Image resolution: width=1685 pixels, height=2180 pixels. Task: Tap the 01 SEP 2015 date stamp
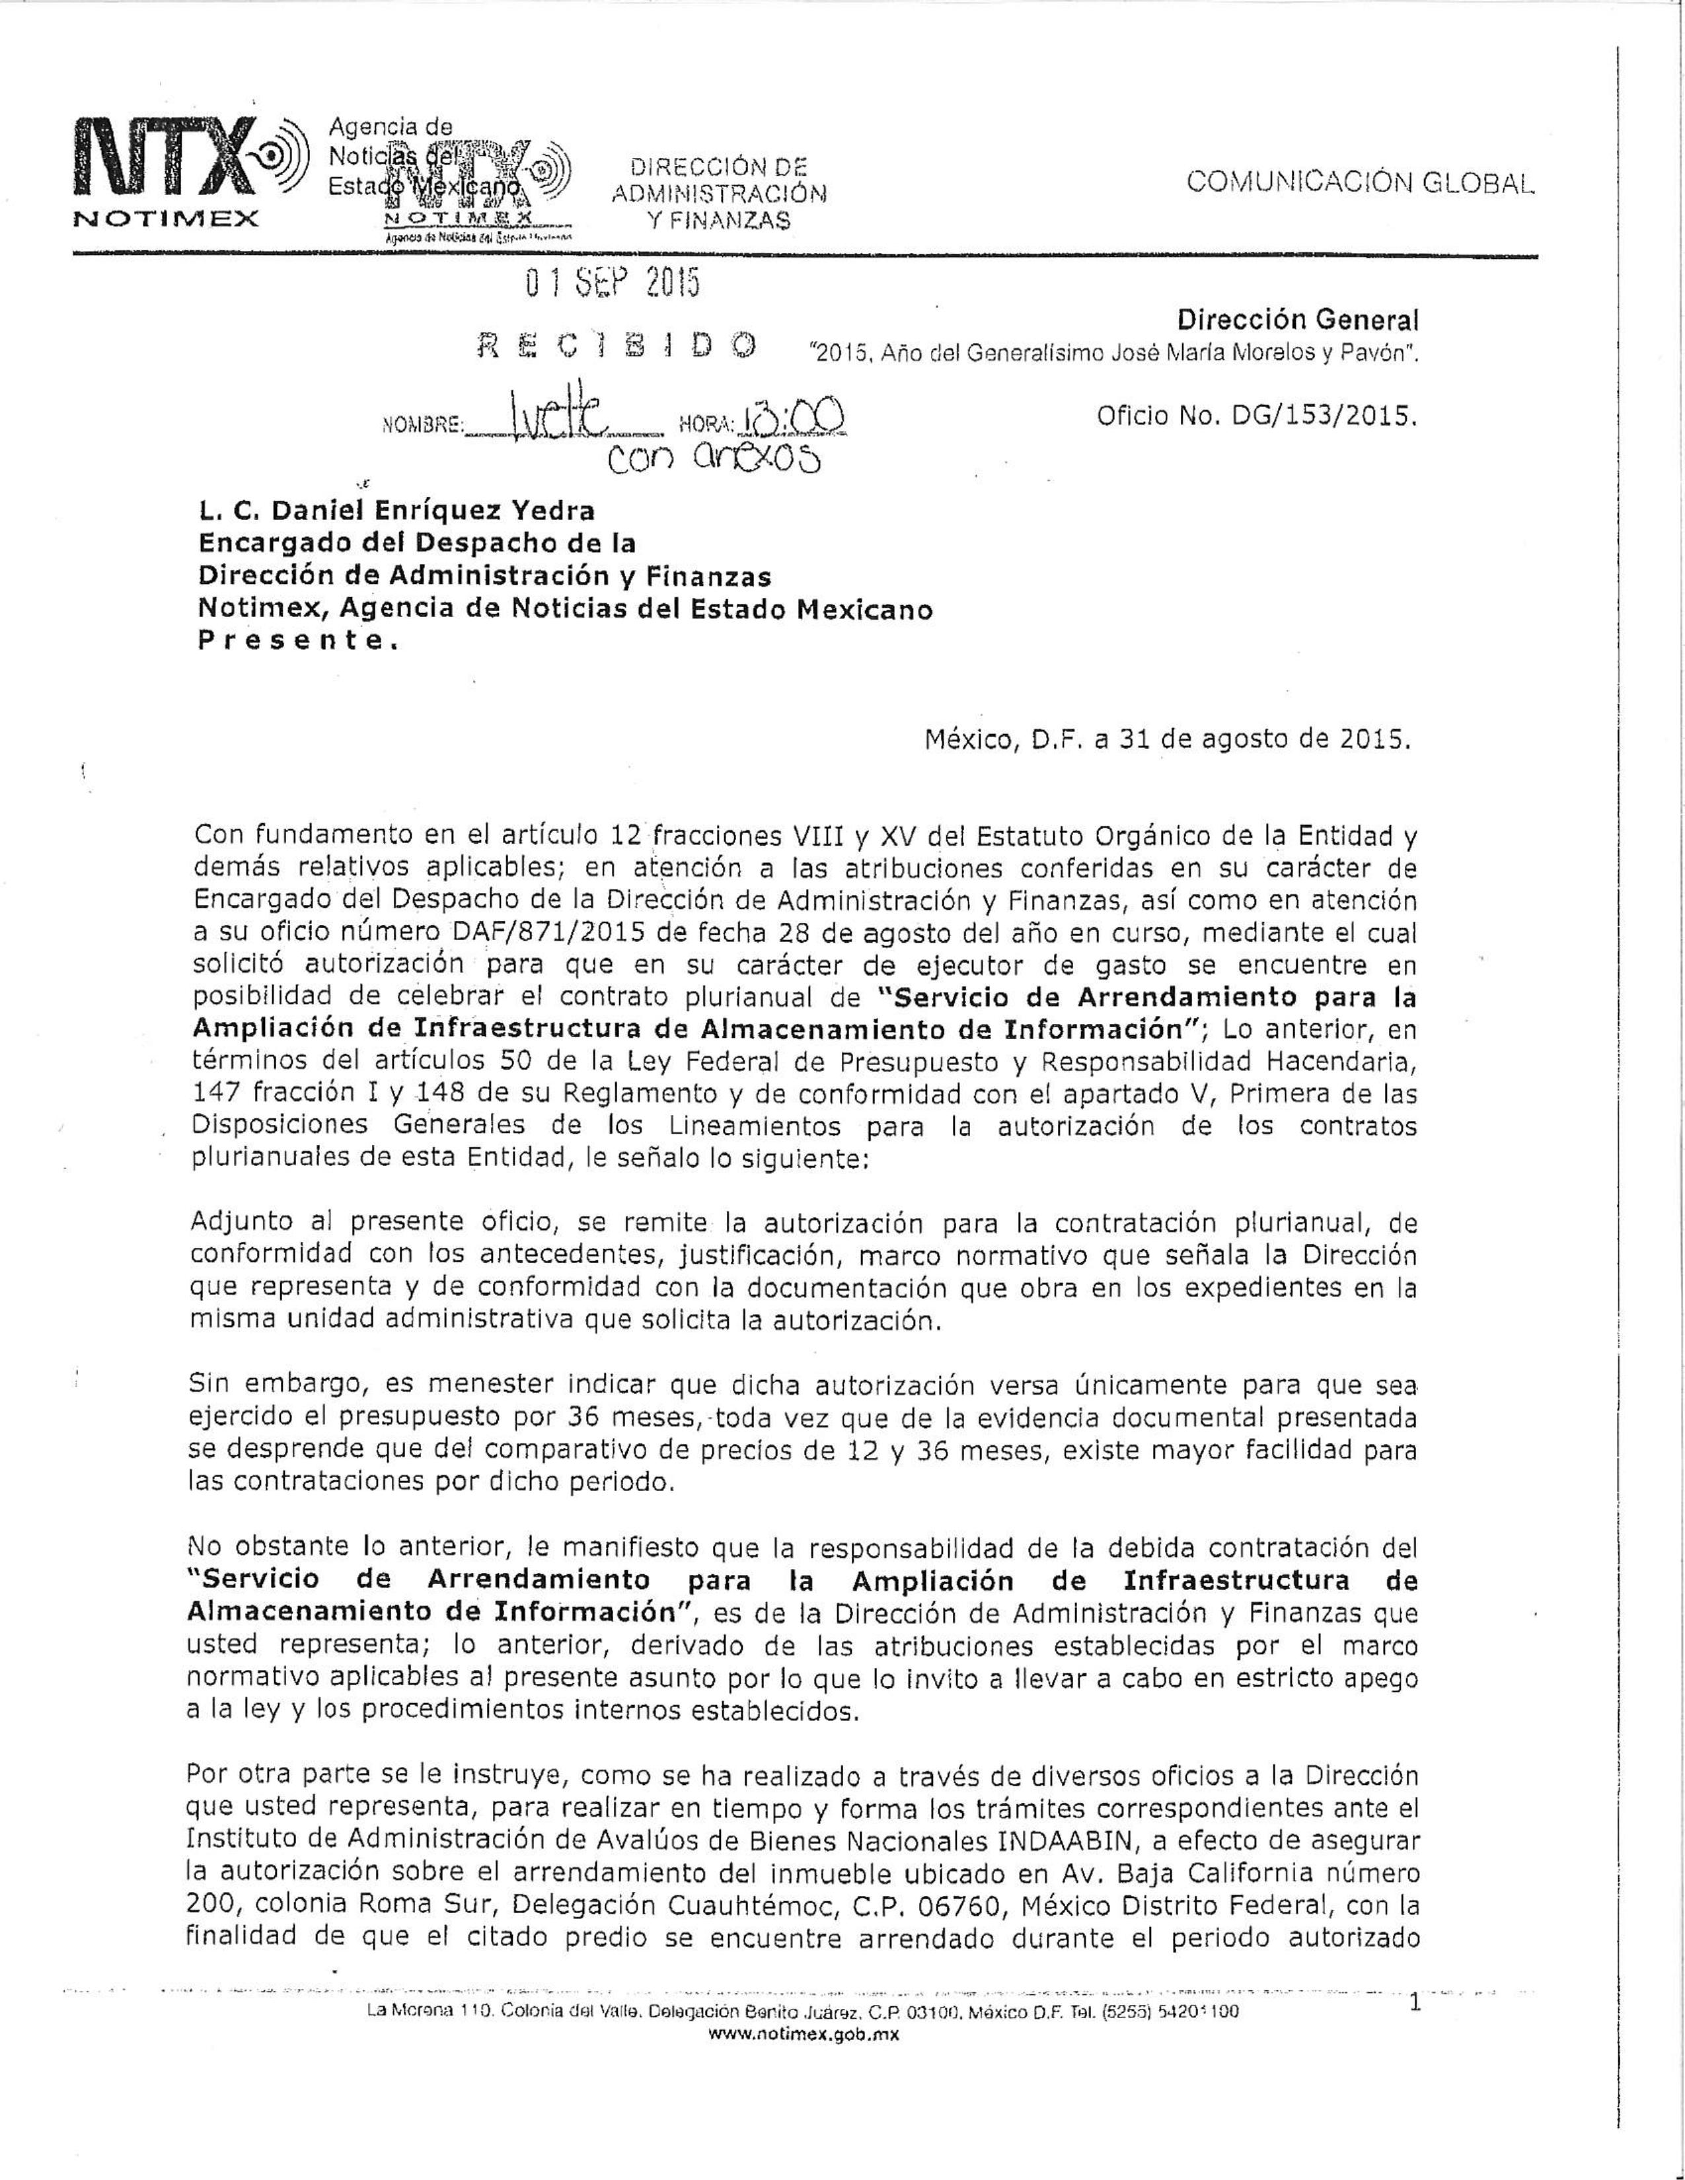[x=612, y=285]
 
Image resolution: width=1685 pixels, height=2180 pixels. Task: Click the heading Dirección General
[x=1296, y=320]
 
